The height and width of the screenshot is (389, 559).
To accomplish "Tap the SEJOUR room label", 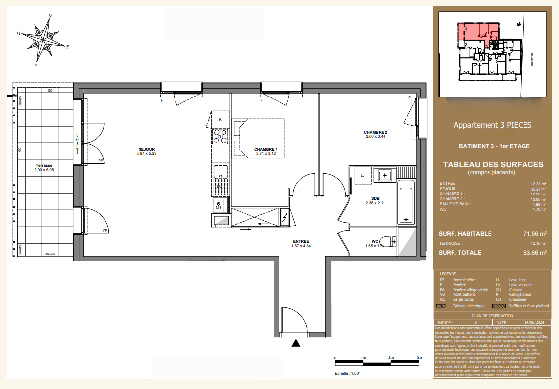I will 146,150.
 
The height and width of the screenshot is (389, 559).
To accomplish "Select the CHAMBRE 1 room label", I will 266,150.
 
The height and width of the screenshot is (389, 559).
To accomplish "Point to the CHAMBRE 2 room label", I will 376,133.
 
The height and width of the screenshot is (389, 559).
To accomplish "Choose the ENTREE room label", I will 300,241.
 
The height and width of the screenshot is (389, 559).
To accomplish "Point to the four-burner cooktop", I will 220,136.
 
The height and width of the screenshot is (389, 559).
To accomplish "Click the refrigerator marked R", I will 220,119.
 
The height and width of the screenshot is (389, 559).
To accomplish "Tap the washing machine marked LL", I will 362,175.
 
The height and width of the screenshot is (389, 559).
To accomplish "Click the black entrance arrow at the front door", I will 296,343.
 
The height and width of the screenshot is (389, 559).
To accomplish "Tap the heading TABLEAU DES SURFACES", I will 493,165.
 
